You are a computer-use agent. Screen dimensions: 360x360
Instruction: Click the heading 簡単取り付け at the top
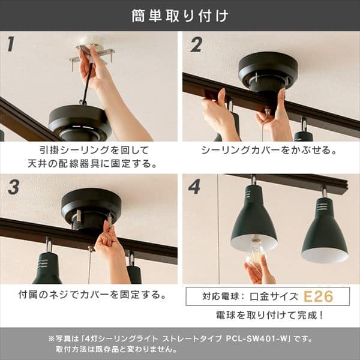tap(180, 16)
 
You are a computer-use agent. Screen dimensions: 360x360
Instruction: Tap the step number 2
tap(196, 44)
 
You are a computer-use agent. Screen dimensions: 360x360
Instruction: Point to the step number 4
tap(194, 187)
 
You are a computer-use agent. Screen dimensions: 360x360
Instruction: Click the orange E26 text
tap(317, 296)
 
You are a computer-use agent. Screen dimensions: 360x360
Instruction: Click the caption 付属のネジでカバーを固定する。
tap(90, 295)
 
